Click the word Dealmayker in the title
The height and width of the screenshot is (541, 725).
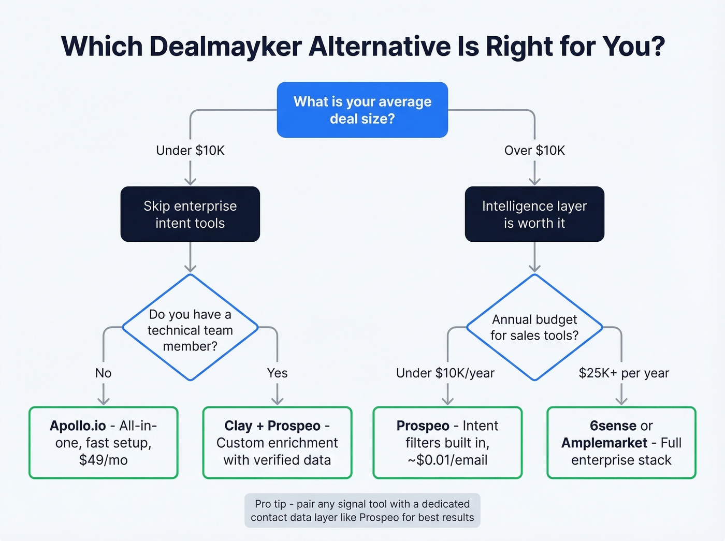225,47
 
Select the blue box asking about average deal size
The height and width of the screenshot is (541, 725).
363,110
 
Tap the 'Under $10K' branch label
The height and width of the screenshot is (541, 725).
190,151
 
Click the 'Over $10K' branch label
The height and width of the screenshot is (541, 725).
534,151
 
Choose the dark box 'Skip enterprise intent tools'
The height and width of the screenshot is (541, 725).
190,214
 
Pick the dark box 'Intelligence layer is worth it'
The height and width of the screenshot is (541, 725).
534,214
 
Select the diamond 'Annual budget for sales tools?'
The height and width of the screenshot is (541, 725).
534,327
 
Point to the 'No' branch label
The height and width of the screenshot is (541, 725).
104,373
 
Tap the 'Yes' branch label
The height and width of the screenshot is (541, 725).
277,373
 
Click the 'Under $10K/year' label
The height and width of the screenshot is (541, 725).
445,373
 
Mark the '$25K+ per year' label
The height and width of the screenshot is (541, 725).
624,373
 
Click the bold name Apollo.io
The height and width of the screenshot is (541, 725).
78,426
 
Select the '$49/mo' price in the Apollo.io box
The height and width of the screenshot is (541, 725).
104,460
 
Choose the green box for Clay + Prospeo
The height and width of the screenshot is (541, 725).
277,443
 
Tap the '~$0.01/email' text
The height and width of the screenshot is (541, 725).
447,460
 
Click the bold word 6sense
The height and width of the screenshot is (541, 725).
613,426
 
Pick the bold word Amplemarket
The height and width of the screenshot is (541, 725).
604,443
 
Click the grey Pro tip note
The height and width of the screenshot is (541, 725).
363,510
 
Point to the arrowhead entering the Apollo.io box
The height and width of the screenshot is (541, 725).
104,402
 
